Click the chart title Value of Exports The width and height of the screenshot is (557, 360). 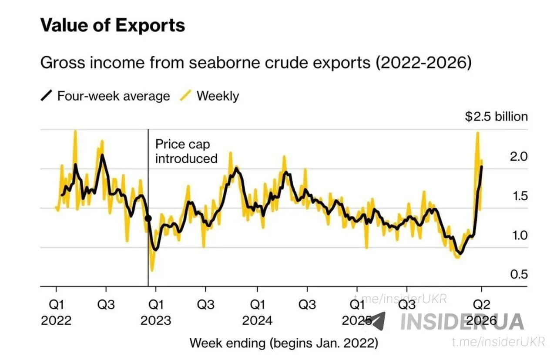point(113,25)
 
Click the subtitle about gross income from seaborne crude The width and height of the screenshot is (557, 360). point(255,62)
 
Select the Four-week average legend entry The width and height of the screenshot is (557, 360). point(105,96)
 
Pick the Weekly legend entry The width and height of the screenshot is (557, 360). point(210,96)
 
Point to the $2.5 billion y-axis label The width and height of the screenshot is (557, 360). point(496,117)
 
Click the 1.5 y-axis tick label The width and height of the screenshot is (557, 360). point(518,196)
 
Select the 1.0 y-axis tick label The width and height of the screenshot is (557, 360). point(518,236)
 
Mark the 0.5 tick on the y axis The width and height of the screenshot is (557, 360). point(518,275)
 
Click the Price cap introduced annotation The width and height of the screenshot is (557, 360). point(186,151)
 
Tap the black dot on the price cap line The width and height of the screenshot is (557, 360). point(148,219)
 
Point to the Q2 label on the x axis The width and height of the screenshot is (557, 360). point(481,304)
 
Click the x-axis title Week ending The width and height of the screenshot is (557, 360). point(284,343)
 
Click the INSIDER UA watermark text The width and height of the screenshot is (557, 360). point(462,321)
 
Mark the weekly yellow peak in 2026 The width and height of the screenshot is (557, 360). point(477,133)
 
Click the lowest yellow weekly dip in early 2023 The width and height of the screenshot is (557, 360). point(152,270)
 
